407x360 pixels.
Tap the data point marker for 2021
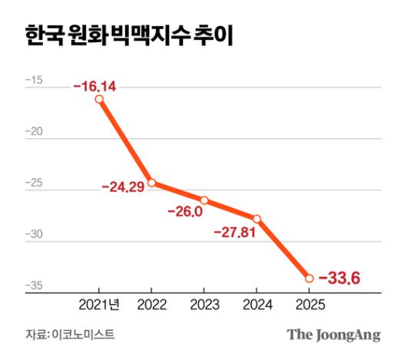click(x=99, y=99)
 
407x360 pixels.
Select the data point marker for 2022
click(x=152, y=183)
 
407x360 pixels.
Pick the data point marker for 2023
click(x=204, y=200)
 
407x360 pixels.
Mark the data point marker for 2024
click(x=256, y=219)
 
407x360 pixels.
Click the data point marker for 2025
click(x=309, y=278)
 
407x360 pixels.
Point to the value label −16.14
click(x=94, y=86)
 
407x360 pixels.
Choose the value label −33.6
click(x=339, y=278)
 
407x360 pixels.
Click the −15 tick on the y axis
click(x=34, y=81)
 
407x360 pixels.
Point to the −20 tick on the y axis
click(x=34, y=132)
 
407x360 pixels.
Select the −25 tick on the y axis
click(x=34, y=183)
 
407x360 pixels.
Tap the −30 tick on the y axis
click(x=34, y=235)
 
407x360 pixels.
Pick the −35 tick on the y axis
click(x=34, y=286)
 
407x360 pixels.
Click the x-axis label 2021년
click(x=99, y=305)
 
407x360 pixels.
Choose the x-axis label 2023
click(x=204, y=305)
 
